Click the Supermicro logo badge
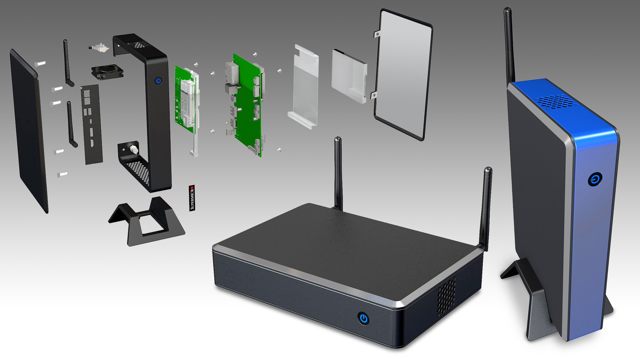(192, 198)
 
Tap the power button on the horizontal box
(364, 318)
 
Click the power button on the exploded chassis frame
(158, 81)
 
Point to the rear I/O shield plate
(92, 124)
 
